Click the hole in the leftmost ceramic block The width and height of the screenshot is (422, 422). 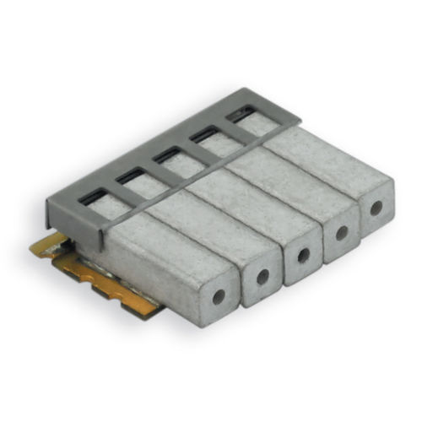pos(219,296)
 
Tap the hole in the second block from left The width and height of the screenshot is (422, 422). pos(262,276)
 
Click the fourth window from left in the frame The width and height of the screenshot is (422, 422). pos(205,135)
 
